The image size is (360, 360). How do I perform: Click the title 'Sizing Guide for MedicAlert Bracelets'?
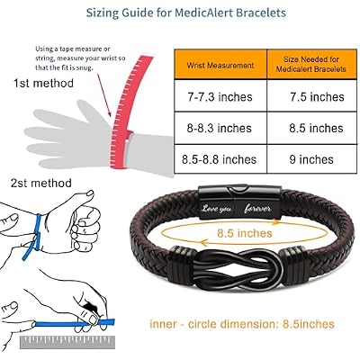(186, 13)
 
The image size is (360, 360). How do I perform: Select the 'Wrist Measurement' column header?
(220, 65)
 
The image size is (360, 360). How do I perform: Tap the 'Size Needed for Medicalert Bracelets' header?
(311, 64)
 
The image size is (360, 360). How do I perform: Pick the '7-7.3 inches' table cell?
(220, 97)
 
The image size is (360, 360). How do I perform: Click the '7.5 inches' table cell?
(317, 97)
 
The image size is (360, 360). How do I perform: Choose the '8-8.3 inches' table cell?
(220, 128)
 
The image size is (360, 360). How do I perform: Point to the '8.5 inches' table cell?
(316, 128)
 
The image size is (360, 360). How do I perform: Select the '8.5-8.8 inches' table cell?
(219, 159)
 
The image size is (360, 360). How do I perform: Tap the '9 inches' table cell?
(311, 159)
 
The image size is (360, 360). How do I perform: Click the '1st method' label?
(43, 83)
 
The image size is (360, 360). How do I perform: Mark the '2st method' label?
(41, 183)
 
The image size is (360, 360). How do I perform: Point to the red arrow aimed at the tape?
(103, 94)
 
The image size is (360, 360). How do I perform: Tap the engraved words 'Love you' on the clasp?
(216, 209)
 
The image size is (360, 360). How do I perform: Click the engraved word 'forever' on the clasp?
(257, 209)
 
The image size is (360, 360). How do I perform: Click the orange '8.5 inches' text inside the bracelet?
(245, 233)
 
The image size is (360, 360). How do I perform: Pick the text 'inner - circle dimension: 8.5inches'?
(242, 324)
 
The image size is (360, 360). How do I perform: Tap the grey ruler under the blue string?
(67, 342)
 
